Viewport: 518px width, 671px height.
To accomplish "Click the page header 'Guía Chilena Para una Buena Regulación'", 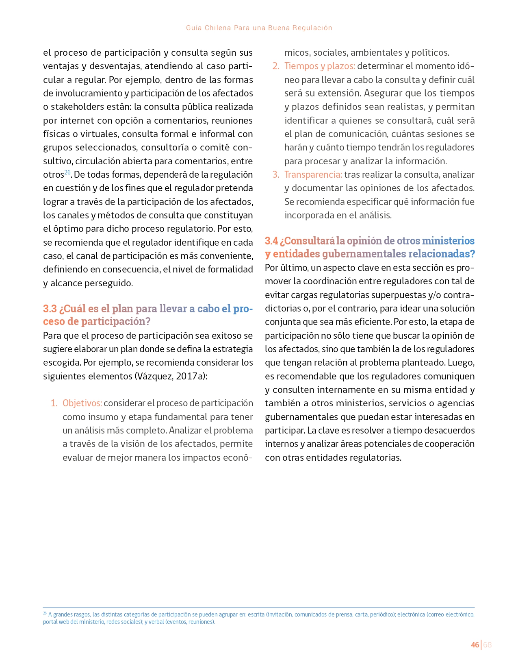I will (x=259, y=28).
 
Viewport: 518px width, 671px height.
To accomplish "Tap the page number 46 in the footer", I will (x=475, y=645).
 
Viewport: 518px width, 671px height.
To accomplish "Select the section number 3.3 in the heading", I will (x=50, y=309).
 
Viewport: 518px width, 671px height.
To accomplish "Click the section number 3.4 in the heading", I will (x=271, y=241).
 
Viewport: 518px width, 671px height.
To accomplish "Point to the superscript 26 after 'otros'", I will (x=67, y=172).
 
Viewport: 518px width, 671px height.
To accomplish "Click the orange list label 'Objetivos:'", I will (x=82, y=403).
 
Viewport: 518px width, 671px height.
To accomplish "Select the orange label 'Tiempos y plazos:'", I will (x=320, y=66).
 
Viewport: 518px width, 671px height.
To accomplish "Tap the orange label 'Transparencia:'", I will (x=313, y=174).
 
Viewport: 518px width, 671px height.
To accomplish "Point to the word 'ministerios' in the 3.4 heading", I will (x=448, y=241).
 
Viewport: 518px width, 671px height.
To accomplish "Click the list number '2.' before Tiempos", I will (x=276, y=66).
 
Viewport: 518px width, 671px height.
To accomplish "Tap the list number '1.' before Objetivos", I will (x=54, y=403).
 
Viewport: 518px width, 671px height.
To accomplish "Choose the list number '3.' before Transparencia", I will (x=276, y=174).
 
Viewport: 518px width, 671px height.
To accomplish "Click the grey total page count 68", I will (x=488, y=645).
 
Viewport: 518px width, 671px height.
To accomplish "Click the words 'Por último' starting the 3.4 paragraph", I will (x=284, y=268).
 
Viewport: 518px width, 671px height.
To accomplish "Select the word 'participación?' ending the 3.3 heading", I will (x=116, y=321).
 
